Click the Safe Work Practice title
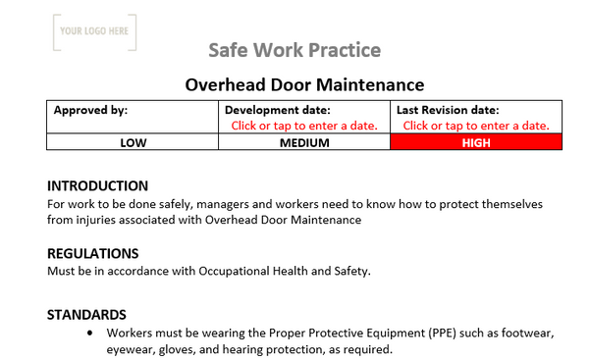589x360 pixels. coord(294,50)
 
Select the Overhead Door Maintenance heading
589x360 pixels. coord(304,84)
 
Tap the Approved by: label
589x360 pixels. coord(90,111)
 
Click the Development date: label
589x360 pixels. coord(278,111)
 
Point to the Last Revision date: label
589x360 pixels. coord(448,111)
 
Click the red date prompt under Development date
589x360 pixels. coord(303,126)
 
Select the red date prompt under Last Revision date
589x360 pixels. coord(476,126)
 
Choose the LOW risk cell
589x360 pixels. coord(134,142)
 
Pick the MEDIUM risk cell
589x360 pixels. coord(304,142)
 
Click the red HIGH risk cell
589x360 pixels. coord(476,142)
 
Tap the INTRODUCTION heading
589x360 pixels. coord(98,186)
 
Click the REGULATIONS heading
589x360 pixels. coord(93,253)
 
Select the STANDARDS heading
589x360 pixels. coord(86,315)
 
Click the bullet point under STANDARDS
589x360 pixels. coord(91,333)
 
